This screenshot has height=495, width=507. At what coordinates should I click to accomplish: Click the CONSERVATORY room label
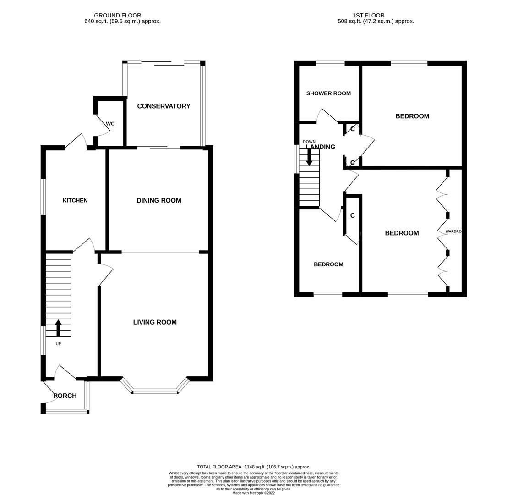pyautogui.click(x=164, y=106)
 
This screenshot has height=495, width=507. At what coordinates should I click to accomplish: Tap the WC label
pyautogui.click(x=110, y=124)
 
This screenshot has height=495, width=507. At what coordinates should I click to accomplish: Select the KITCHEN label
pyautogui.click(x=75, y=200)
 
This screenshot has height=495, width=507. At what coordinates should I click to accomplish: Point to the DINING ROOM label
pyautogui.click(x=159, y=200)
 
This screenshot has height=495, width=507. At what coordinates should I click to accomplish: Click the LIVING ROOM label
pyautogui.click(x=155, y=322)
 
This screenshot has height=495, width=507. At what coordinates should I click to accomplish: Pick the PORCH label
pyautogui.click(x=65, y=396)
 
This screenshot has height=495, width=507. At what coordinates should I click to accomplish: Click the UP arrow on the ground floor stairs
pyautogui.click(x=58, y=328)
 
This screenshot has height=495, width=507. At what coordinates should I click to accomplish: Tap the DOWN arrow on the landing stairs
pyautogui.click(x=309, y=157)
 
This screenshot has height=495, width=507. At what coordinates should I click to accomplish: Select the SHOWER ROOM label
pyautogui.click(x=328, y=93)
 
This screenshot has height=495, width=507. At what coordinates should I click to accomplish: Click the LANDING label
pyautogui.click(x=321, y=147)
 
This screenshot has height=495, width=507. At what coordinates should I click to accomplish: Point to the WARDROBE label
pyautogui.click(x=453, y=231)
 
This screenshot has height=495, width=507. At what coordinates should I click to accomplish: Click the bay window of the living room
pyautogui.click(x=155, y=391)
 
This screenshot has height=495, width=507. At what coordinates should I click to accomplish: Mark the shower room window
pyautogui.click(x=330, y=64)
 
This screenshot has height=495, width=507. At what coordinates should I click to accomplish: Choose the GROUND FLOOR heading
pyautogui.click(x=118, y=15)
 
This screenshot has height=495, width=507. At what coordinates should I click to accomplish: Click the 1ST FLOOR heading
pyautogui.click(x=368, y=15)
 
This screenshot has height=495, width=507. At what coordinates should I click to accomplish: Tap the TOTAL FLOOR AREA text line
pyautogui.click(x=253, y=467)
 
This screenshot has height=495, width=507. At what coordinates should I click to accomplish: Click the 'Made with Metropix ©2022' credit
pyautogui.click(x=253, y=493)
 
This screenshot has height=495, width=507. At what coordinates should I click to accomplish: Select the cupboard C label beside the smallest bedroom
pyautogui.click(x=353, y=215)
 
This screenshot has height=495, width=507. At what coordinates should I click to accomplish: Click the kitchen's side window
pyautogui.click(x=44, y=197)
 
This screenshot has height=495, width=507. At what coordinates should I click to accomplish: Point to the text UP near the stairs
pyautogui.click(x=58, y=344)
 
